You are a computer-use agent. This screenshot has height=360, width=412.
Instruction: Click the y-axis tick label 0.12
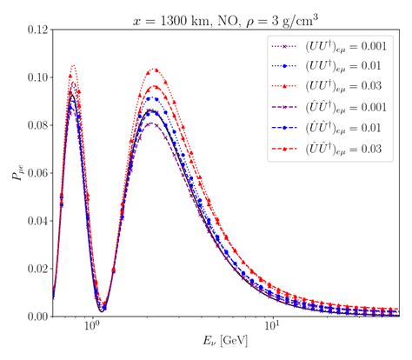35,31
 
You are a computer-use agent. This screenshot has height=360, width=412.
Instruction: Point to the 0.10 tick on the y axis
35,78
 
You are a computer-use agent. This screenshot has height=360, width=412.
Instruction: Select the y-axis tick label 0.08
35,126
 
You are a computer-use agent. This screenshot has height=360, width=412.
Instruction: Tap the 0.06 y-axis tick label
35,174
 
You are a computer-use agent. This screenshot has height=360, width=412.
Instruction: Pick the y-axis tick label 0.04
35,221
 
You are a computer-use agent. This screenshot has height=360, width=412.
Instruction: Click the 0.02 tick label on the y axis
35,269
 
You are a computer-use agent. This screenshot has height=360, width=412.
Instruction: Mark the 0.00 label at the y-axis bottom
35,317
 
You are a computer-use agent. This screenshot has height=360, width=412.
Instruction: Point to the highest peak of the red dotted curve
73,65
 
